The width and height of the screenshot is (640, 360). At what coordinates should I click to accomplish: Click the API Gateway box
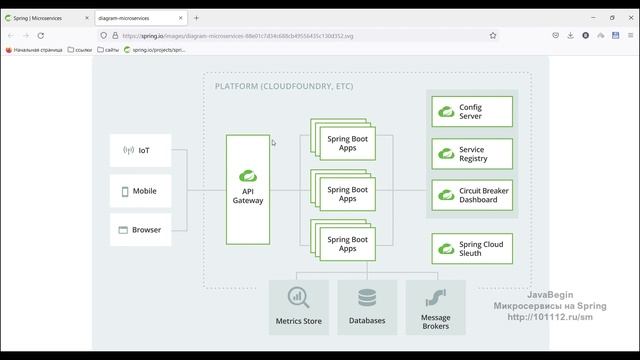[248, 190]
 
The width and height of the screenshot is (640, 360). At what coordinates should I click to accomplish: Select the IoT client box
[139, 151]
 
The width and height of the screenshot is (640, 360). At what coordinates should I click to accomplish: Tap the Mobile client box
[139, 191]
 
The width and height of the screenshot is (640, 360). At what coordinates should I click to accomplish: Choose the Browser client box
[139, 230]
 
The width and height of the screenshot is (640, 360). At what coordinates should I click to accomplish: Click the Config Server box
[472, 111]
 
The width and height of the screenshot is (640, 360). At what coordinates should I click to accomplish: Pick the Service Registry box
[472, 154]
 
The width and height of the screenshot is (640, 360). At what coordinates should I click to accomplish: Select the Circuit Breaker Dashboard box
[472, 195]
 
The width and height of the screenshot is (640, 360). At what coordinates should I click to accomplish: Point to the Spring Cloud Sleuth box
[472, 249]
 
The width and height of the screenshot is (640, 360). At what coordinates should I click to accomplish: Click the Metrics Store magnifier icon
[298, 297]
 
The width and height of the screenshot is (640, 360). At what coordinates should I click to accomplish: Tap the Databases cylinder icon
[367, 297]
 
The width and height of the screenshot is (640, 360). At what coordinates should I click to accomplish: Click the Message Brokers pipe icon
[435, 297]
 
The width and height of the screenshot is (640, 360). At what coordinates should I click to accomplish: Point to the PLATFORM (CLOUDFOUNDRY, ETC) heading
[284, 87]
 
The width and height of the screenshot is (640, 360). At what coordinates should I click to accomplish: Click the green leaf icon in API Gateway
[248, 171]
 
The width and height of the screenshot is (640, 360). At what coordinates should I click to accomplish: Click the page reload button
[40, 34]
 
